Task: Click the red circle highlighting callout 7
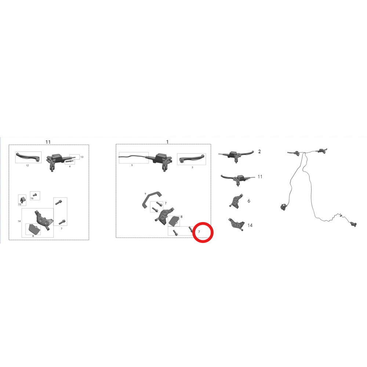pyautogui.click(x=203, y=222)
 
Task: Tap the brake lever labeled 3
pyautogui.click(x=192, y=159)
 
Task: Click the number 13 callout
pyautogui.click(x=82, y=157)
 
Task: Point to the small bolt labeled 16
pyautogui.click(x=35, y=195)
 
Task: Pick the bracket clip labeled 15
pyautogui.click(x=23, y=200)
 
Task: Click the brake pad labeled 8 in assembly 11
pyautogui.click(x=33, y=229)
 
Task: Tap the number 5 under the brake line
pyautogui.click(x=132, y=165)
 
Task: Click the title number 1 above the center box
pyautogui.click(x=167, y=142)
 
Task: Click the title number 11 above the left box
pyautogui.click(x=48, y=142)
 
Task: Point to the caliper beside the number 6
pyautogui.click(x=236, y=201)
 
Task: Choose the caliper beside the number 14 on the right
pyautogui.click(x=236, y=225)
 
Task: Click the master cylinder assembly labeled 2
pyautogui.click(x=236, y=156)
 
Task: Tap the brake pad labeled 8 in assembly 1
pyautogui.click(x=174, y=221)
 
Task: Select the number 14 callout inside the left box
pyautogui.click(x=19, y=221)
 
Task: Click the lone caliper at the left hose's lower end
pyautogui.click(x=283, y=207)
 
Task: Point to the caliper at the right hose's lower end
pyautogui.click(x=354, y=224)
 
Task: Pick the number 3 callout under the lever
pyautogui.click(x=192, y=167)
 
